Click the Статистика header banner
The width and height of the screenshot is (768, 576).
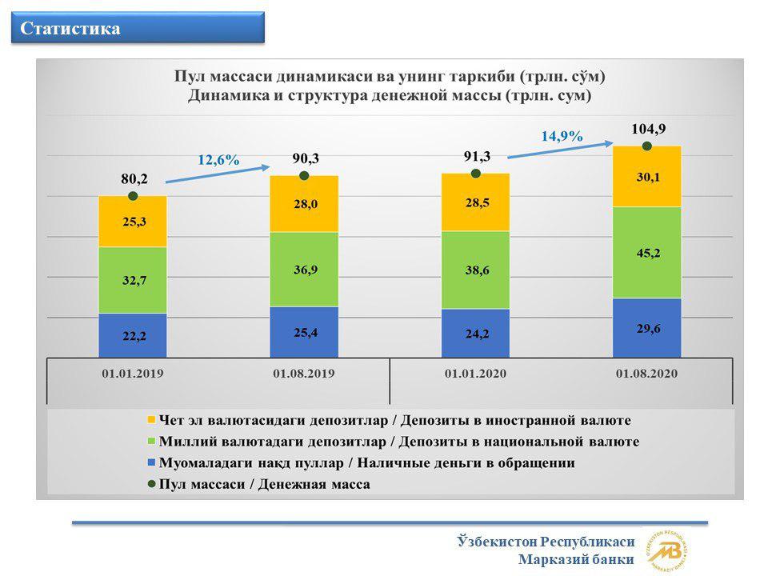click(x=138, y=28)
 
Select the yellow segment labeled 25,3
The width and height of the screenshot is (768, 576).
click(x=133, y=222)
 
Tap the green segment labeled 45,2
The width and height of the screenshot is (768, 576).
click(x=647, y=253)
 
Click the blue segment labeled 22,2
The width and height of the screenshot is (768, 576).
click(x=133, y=335)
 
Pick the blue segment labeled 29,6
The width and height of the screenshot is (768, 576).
click(x=647, y=328)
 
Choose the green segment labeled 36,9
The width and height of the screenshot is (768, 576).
click(x=304, y=270)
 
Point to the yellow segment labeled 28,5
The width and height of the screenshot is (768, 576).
click(x=475, y=202)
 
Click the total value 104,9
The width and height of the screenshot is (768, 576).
click(x=649, y=129)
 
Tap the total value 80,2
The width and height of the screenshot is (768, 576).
click(x=134, y=178)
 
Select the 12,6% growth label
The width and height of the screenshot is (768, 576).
click(x=218, y=160)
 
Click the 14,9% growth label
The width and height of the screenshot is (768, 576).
click(x=562, y=136)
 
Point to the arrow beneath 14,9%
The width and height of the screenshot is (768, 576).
click(x=560, y=150)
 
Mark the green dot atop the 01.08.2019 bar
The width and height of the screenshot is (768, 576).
click(x=304, y=175)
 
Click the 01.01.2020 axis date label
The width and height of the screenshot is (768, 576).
click(x=475, y=374)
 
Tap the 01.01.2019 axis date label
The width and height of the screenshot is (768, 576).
click(x=133, y=374)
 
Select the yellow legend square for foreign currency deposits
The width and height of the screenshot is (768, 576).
click(x=151, y=420)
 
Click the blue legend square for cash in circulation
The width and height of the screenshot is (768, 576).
click(x=151, y=462)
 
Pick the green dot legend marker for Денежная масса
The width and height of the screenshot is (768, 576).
click(x=151, y=484)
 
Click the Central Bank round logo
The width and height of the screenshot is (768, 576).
click(x=667, y=551)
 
